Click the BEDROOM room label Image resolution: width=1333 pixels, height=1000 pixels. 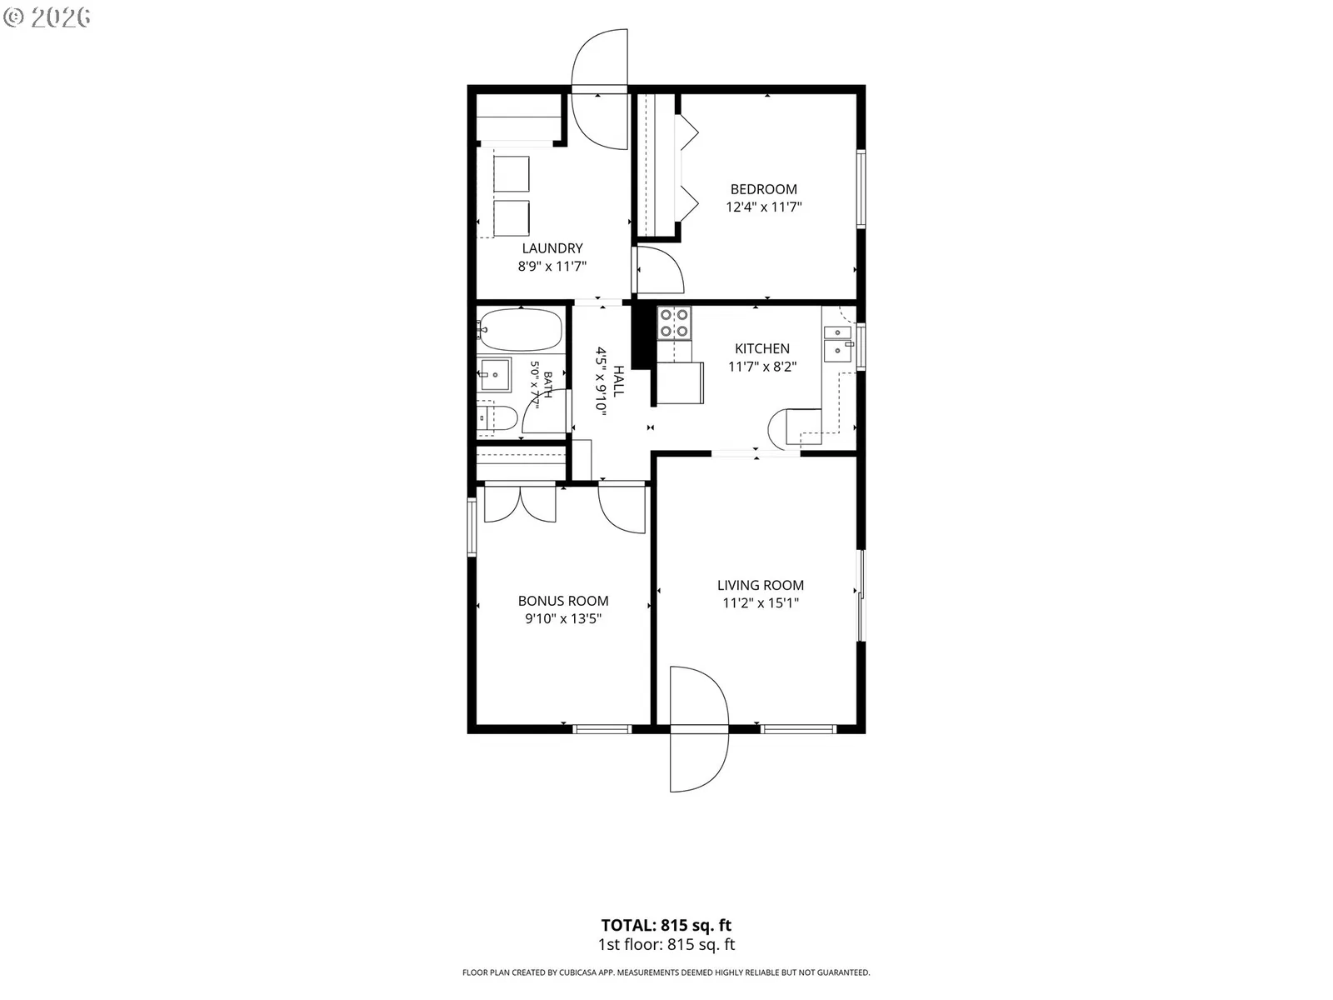[x=763, y=189]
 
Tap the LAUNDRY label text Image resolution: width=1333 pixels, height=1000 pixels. [x=552, y=248]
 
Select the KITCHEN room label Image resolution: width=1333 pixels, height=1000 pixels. [x=762, y=349]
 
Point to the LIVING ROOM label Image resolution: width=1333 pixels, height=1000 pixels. [x=761, y=585]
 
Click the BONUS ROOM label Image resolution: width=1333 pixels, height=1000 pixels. [x=563, y=601]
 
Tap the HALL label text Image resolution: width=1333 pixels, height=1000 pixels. [x=618, y=382]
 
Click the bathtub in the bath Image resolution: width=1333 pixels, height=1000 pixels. [x=522, y=330]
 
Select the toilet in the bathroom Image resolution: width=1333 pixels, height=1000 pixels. [x=497, y=418]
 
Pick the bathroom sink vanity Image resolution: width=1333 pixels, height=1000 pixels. [x=494, y=375]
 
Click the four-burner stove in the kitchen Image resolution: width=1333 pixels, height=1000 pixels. [x=675, y=323]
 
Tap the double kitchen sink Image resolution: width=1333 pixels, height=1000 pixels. [x=838, y=343]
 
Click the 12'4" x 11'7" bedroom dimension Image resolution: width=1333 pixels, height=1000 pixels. [x=763, y=207]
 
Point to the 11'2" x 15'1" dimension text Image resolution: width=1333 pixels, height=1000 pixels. [x=761, y=603]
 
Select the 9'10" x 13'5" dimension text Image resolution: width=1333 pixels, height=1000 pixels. [x=563, y=619]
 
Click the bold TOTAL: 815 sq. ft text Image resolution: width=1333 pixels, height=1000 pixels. [x=666, y=925]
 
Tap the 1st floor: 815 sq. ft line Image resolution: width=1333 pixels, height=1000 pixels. [x=666, y=945]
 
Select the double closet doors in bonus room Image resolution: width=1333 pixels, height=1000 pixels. [x=520, y=504]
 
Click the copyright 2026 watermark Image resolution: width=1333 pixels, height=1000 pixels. [x=46, y=17]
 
